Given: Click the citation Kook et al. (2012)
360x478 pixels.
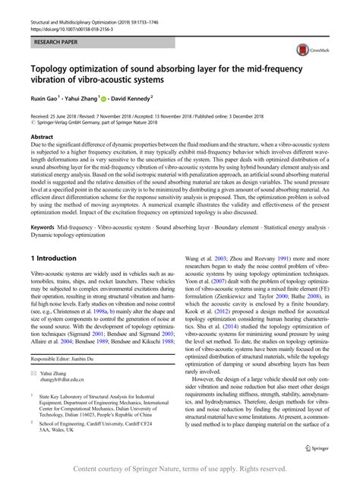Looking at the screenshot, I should click(x=206, y=337).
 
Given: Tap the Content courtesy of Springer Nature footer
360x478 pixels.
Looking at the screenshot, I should click(x=179, y=470).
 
